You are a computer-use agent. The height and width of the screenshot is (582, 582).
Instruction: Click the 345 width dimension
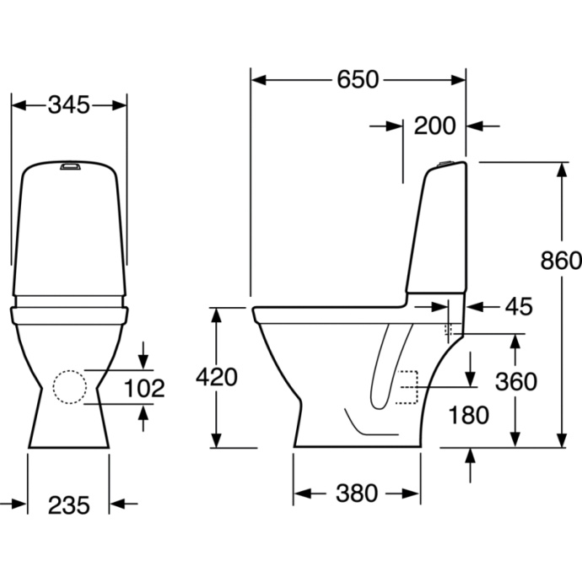(x=69, y=105)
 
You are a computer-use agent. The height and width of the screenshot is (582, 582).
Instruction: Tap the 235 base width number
(x=69, y=505)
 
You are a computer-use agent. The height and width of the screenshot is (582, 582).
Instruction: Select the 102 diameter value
(x=144, y=388)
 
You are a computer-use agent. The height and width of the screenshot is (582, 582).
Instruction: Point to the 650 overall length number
(x=358, y=79)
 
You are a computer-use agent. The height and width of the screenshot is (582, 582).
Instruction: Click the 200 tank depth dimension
(x=434, y=126)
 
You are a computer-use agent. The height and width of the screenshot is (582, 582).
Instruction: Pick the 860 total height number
(x=561, y=260)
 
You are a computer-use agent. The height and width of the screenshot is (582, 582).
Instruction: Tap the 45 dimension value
(x=519, y=306)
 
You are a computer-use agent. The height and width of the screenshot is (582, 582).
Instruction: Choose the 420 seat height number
(x=217, y=377)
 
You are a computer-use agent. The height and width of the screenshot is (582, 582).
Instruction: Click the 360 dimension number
(x=516, y=381)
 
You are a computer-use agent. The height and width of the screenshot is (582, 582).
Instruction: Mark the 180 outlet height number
(x=468, y=415)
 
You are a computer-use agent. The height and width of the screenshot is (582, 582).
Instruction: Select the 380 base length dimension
(x=357, y=493)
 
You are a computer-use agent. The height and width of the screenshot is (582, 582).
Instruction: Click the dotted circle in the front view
(x=70, y=387)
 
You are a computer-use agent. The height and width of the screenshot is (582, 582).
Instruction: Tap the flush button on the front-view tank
(x=70, y=165)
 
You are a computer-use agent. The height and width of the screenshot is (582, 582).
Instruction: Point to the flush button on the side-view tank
(x=445, y=163)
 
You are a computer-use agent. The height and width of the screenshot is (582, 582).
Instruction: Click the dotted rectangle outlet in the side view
(x=407, y=387)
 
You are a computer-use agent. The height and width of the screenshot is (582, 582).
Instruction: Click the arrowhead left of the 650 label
(x=259, y=80)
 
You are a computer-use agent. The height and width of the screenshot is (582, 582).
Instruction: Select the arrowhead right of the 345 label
(x=119, y=105)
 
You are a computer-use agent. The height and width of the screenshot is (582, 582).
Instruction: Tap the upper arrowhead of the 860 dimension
(x=563, y=170)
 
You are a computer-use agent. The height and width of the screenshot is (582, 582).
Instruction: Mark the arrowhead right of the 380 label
(x=412, y=494)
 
